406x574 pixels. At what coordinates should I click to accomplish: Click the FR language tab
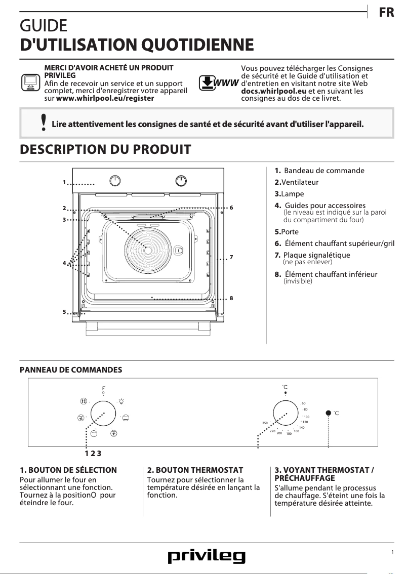pyautogui.click(x=386, y=13)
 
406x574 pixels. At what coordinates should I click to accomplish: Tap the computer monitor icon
pyautogui.click(x=29, y=82)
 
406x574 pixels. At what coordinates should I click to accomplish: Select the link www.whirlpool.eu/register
pyautogui.click(x=105, y=98)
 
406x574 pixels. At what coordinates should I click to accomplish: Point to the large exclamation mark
pyautogui.click(x=44, y=123)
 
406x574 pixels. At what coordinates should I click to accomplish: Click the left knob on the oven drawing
pyautogui.click(x=116, y=181)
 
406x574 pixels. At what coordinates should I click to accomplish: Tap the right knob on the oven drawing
pyautogui.click(x=181, y=181)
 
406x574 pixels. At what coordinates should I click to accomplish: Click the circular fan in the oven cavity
pyautogui.click(x=147, y=250)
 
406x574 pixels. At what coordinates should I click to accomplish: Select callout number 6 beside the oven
pyautogui.click(x=231, y=208)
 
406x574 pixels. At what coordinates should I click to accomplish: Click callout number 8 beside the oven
pyautogui.click(x=231, y=299)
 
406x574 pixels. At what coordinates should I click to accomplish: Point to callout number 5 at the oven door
pyautogui.click(x=64, y=312)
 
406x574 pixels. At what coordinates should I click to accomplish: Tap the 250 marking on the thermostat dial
pyautogui.click(x=265, y=423)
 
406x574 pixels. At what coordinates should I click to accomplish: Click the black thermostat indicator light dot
pyautogui.click(x=329, y=413)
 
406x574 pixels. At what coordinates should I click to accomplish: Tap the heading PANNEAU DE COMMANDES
pyautogui.click(x=71, y=370)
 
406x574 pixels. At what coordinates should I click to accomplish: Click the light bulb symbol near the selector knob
pyautogui.click(x=122, y=401)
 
